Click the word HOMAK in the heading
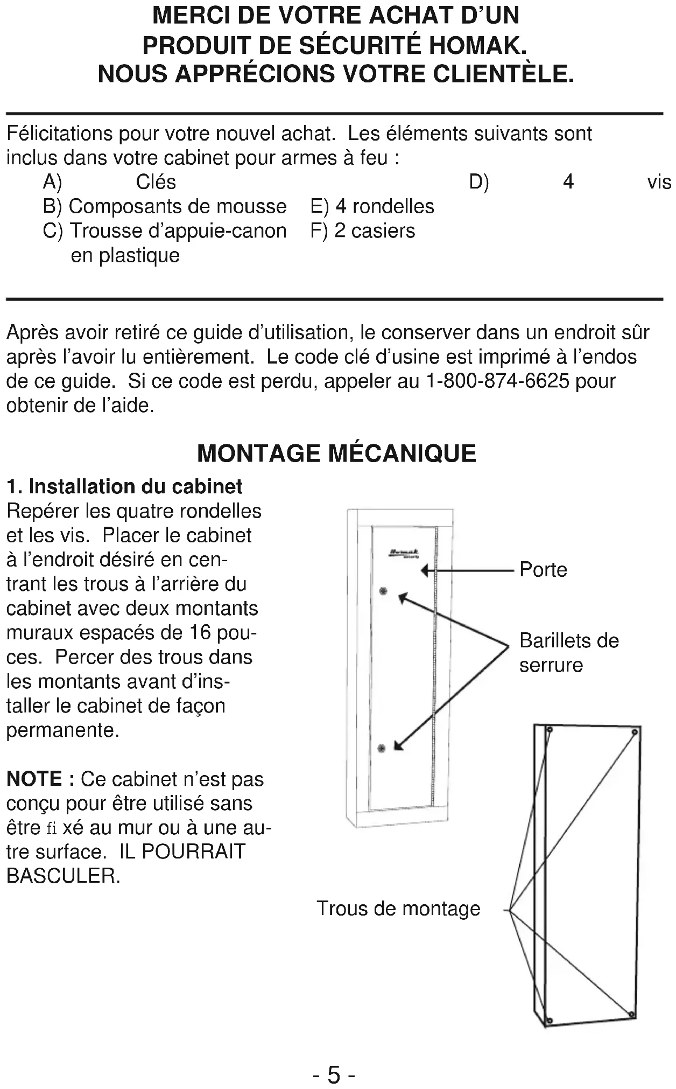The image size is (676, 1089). click(x=477, y=45)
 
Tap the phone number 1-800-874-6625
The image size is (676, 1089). click(x=497, y=381)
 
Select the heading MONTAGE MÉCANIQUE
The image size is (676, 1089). click(x=337, y=453)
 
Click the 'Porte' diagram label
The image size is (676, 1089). click(x=543, y=570)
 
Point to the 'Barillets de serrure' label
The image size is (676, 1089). click(x=568, y=652)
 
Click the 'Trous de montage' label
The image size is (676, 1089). click(x=398, y=908)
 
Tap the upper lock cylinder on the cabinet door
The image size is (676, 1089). click(x=383, y=591)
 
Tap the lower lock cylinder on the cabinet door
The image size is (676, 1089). click(x=382, y=748)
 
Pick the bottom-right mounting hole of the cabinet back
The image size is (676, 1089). click(x=632, y=1014)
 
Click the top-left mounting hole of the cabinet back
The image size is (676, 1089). click(x=550, y=730)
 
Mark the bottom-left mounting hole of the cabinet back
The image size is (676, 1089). click(x=549, y=1021)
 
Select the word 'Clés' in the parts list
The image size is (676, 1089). click(x=156, y=182)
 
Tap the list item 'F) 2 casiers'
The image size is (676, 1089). click(x=363, y=231)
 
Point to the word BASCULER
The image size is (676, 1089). click(x=63, y=876)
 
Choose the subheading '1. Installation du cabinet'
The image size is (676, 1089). click(x=124, y=486)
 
